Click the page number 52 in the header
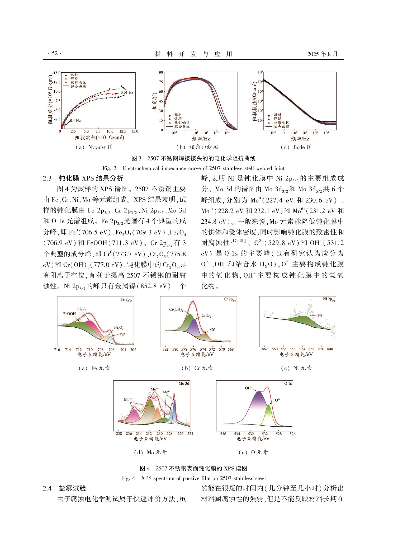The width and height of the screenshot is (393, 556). tap(55, 53)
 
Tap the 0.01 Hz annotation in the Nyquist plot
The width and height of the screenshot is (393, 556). tap(127, 92)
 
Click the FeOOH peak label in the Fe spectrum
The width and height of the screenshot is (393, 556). tap(69, 314)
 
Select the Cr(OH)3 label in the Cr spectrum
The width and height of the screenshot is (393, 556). tap(176, 309)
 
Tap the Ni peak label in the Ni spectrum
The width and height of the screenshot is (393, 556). tap(320, 315)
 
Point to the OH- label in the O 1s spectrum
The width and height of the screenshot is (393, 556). tap(248, 388)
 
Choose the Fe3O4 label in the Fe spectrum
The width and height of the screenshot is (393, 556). tap(119, 328)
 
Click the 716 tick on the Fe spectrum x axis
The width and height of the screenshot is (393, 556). tap(57, 350)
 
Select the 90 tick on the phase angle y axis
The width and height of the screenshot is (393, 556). tap(161, 73)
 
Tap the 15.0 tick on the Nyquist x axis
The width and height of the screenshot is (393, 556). tap(135, 131)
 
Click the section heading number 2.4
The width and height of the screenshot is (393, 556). tap(47, 488)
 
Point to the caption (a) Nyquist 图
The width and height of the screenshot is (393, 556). tap(94, 147)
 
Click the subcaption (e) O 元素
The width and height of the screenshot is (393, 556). tap(253, 452)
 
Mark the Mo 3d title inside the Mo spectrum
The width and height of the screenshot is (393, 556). tap(184, 383)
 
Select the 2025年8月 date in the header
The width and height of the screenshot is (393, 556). tap(322, 54)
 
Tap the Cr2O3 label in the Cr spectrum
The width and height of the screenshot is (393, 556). tap(206, 315)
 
